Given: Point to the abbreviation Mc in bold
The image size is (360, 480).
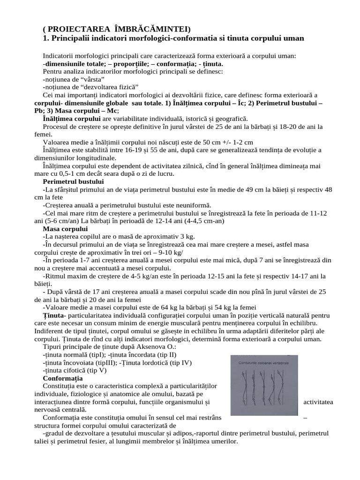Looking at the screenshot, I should [112, 111].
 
